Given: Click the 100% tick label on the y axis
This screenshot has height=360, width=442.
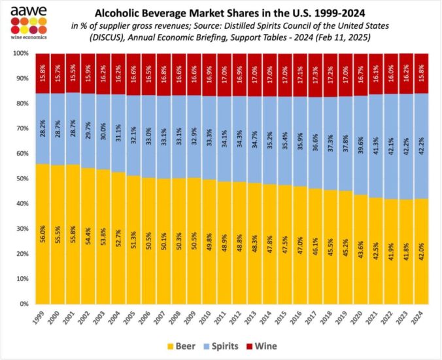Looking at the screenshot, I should [21, 53].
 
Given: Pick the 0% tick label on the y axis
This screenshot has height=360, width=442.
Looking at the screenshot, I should [24, 304].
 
